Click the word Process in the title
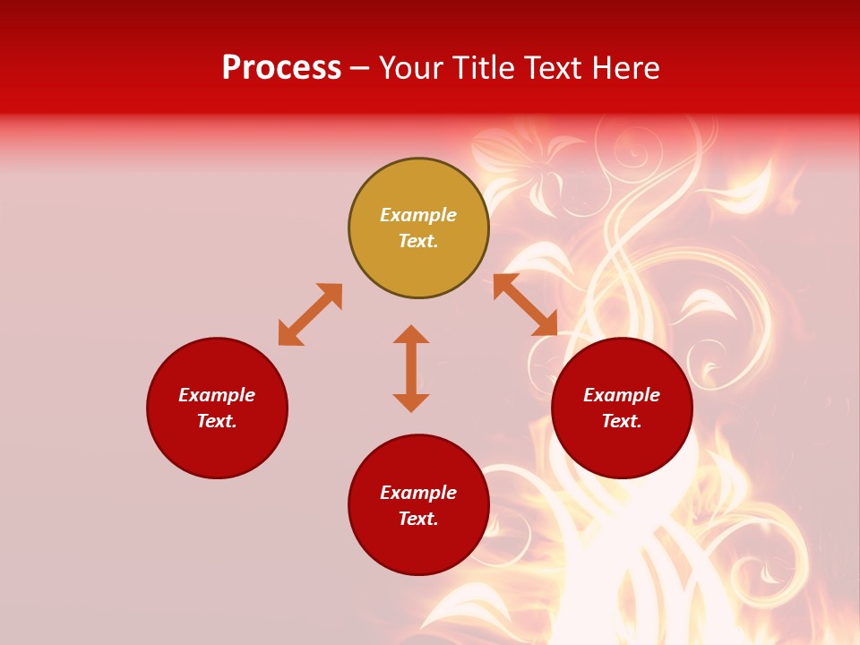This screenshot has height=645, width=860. pos(281,68)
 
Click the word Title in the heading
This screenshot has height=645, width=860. pos(482,68)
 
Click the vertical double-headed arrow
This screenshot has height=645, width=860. pos(411,368)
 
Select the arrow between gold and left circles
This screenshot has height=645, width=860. pos(310,314)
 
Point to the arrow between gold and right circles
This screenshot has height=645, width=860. pos(525,305)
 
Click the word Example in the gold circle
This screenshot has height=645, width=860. pos(418,215)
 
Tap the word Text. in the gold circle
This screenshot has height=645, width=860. pos(418,241)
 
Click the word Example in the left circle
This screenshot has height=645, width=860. pos(217,395)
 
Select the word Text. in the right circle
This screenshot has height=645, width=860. pos(622,421)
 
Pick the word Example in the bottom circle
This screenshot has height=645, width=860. pos(418,493)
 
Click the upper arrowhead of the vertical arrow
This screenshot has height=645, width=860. pos(411,335)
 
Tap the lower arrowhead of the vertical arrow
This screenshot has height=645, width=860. pos(411,402)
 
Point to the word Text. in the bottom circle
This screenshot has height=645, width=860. pos(418,519)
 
